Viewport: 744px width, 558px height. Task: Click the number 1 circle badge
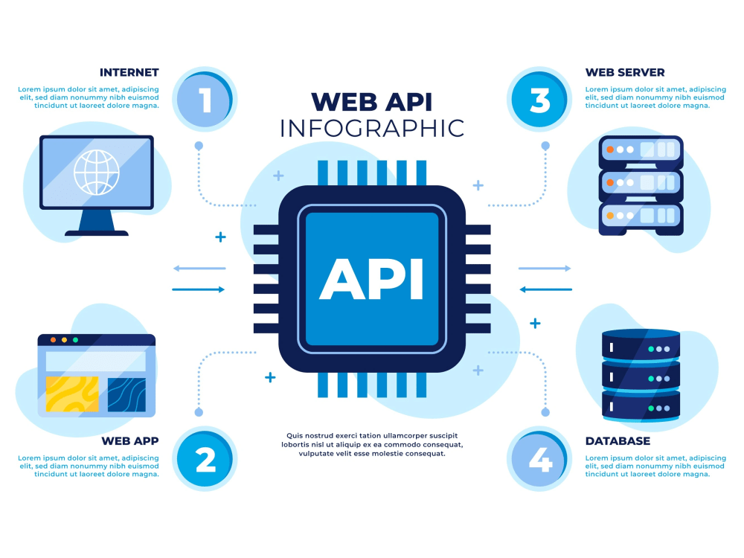click(205, 100)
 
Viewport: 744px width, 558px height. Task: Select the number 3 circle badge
click(539, 100)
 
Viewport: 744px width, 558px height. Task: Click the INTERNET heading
click(129, 72)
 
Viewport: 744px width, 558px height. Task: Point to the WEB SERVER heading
click(625, 72)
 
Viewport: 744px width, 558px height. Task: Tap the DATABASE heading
click(618, 441)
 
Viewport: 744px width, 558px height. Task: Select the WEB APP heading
click(130, 441)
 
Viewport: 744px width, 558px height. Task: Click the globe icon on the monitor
click(96, 172)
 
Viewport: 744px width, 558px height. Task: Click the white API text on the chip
click(371, 279)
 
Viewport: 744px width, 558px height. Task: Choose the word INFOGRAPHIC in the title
click(371, 128)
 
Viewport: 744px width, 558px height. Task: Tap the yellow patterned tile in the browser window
click(71, 394)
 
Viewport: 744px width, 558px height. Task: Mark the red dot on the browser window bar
click(52, 340)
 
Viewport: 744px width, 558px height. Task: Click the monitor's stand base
click(97, 233)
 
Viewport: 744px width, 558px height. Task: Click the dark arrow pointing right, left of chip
click(198, 289)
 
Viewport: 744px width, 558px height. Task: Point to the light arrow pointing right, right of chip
click(545, 268)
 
